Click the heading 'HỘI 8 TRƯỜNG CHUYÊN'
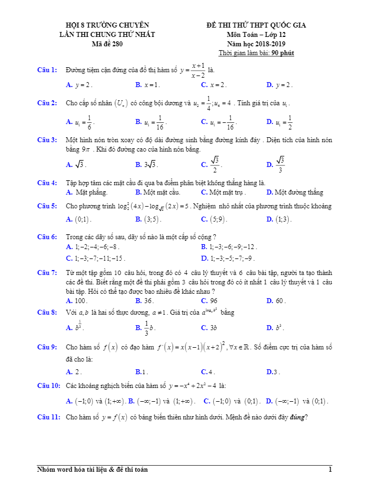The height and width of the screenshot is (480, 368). [x=107, y=25]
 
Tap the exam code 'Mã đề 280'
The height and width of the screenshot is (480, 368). [x=107, y=44]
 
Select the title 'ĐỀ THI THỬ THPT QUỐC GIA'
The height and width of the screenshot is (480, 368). [x=256, y=25]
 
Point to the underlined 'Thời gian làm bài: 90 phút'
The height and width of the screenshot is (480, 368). [x=256, y=53]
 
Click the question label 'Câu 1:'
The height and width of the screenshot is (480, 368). [x=47, y=70]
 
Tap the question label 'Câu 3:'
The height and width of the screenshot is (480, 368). [x=47, y=139]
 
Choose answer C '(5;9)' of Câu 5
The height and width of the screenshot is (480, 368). [x=214, y=219]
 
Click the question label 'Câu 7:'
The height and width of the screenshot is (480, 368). [x=47, y=272]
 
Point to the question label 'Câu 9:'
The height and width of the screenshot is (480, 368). [x=47, y=347]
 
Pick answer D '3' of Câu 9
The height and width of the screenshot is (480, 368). [x=274, y=372]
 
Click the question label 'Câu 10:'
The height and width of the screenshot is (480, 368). [x=48, y=385]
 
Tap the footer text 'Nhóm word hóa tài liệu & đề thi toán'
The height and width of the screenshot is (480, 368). [x=93, y=470]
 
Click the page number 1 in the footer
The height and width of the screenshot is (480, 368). [x=330, y=470]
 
